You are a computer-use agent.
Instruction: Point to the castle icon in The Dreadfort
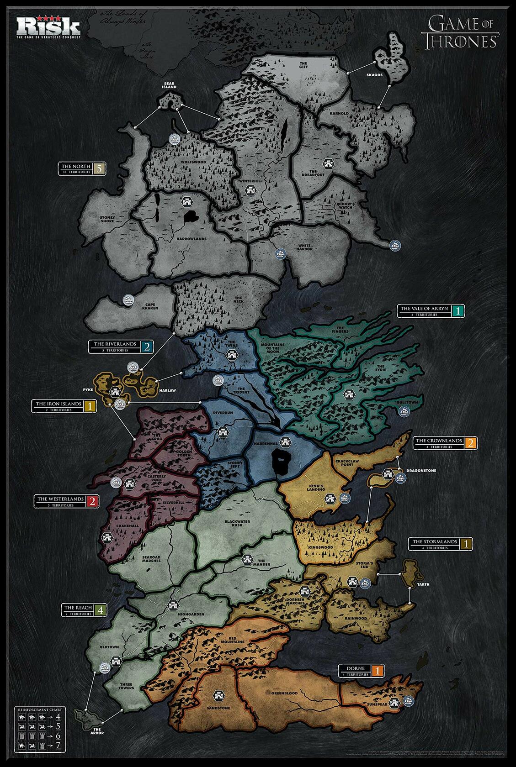coord(328,163)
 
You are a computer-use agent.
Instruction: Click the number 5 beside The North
coord(100,168)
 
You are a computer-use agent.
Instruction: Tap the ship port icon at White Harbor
coord(280,253)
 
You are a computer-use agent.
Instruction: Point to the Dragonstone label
coord(423,470)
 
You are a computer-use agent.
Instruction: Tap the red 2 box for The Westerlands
coord(92,501)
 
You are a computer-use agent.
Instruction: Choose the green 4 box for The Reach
coord(101,609)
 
